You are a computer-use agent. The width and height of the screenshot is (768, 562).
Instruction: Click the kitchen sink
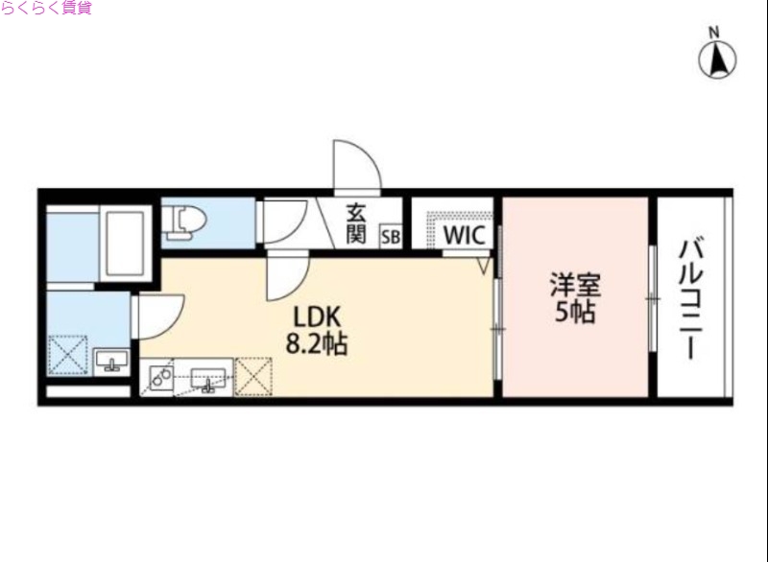pos(208,378)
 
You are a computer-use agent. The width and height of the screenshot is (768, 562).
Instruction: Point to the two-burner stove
pos(158,377)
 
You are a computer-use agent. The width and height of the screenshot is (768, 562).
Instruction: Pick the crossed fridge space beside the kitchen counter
pos(253,376)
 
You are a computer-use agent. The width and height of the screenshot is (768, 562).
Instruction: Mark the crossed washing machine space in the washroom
pos(67,355)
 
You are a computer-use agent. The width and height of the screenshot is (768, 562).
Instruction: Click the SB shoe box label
pos(391,237)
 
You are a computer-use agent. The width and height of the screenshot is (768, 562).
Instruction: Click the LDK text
pos(318,317)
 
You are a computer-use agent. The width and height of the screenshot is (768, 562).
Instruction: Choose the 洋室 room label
pos(574,286)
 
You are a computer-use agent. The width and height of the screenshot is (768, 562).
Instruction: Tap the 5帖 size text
pos(574,314)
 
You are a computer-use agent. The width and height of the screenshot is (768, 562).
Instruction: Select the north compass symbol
pos(716,60)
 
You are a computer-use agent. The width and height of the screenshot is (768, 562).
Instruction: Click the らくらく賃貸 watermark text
pos(46,9)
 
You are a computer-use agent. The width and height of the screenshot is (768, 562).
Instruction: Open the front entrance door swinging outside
pos(355,165)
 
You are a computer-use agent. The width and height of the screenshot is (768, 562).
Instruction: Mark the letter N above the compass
pos(714,32)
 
